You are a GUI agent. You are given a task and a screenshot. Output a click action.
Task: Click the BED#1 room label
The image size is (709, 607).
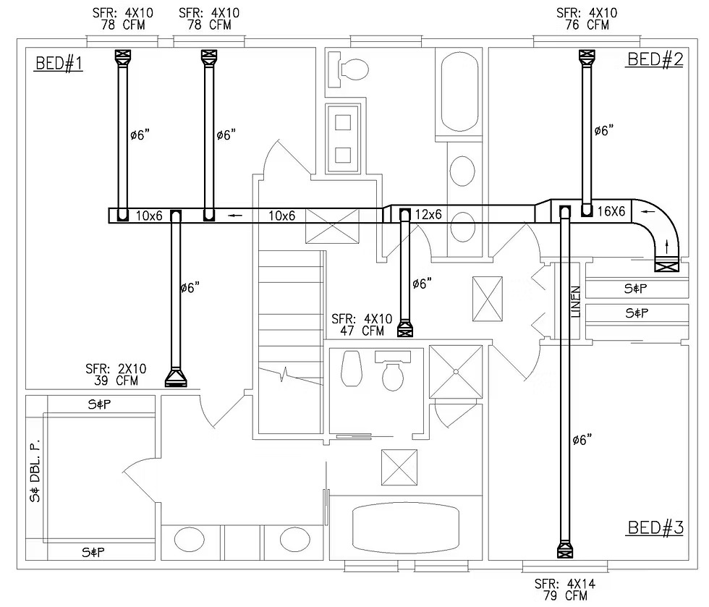pyautogui.click(x=59, y=64)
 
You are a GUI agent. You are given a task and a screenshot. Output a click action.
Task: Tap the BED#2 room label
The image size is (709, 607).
pyautogui.click(x=655, y=59)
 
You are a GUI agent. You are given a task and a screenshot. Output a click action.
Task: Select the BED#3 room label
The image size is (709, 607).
pyautogui.click(x=655, y=527)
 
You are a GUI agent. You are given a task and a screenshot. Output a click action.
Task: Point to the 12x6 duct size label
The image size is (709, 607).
pyautogui.click(x=428, y=215)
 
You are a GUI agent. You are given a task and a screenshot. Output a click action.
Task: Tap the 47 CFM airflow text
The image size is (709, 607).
pyautogui.click(x=362, y=331)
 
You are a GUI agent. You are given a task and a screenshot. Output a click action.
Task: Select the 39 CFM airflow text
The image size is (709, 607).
pyautogui.click(x=116, y=380)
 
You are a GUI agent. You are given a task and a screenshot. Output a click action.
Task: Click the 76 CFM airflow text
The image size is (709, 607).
pyautogui.click(x=587, y=25)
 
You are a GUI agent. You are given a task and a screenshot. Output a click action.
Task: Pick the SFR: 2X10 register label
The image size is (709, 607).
pyautogui.click(x=116, y=369)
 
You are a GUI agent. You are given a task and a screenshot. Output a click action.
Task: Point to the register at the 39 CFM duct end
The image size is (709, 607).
pyautogui.click(x=175, y=378)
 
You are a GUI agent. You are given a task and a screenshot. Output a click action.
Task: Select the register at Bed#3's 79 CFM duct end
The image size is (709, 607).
pyautogui.click(x=564, y=551)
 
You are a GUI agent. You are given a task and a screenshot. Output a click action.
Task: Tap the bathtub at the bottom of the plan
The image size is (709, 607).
pyautogui.click(x=405, y=527)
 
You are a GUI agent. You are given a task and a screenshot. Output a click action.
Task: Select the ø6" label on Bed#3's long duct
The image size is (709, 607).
pyautogui.click(x=582, y=439)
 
